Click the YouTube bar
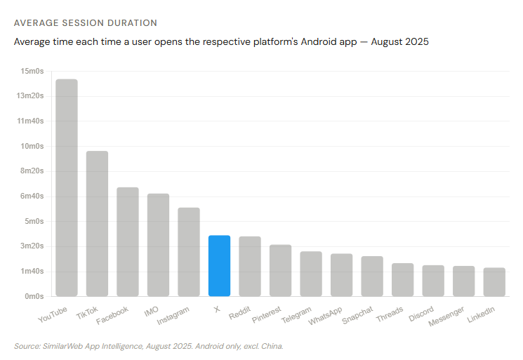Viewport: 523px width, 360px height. tap(67, 187)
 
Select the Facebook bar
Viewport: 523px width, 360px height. tap(128, 241)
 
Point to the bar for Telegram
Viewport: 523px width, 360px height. tap(311, 274)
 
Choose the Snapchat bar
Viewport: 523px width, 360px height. tap(372, 276)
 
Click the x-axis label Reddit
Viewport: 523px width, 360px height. tap(239, 313)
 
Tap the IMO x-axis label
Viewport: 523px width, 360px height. tap(151, 312)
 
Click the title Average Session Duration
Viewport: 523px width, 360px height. tap(86, 23)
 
